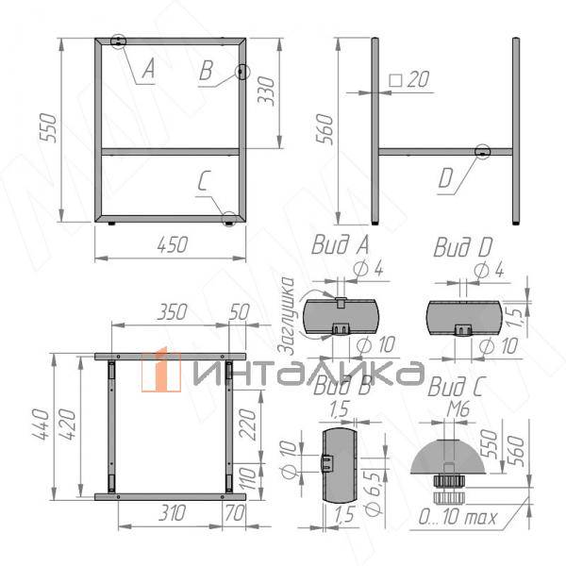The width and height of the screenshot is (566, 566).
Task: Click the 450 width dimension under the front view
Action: point(171,243)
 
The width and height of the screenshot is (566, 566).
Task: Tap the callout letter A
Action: point(148,68)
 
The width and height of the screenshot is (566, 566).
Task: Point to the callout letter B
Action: point(208,72)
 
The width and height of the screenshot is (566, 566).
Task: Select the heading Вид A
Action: point(339,247)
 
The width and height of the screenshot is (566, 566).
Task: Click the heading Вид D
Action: point(462,247)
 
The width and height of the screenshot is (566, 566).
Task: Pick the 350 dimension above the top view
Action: point(171,312)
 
